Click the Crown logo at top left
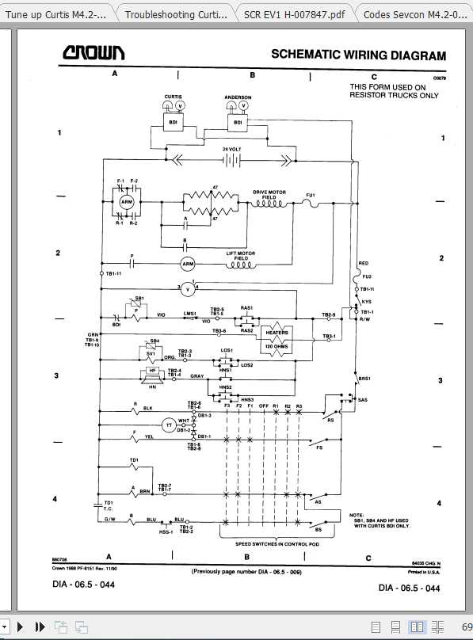[93, 53]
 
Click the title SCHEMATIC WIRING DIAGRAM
[358, 55]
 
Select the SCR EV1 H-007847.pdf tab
[294, 13]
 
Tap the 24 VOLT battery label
[231, 149]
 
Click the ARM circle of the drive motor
[127, 203]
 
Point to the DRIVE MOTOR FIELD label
[269, 194]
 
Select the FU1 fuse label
[311, 195]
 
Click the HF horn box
[151, 371]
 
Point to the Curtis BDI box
[172, 122]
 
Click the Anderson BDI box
[237, 123]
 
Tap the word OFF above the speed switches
[263, 406]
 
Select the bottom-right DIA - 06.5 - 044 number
[410, 589]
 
